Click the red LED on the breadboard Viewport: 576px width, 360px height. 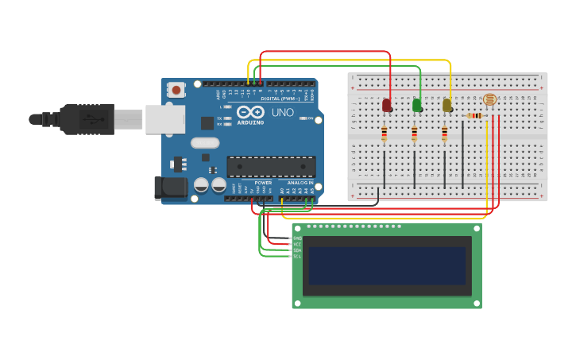[x=387, y=105]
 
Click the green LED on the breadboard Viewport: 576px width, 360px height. [x=417, y=105]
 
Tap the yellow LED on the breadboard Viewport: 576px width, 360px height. [x=447, y=105]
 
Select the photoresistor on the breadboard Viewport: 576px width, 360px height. [x=489, y=100]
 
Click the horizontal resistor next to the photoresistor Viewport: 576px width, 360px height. [x=474, y=116]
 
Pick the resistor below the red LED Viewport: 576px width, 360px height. [x=385, y=134]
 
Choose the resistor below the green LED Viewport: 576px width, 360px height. [x=415, y=134]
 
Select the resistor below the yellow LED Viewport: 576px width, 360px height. [x=445, y=134]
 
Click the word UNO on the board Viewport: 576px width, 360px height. [x=282, y=113]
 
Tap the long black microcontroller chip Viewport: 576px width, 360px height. [x=271, y=166]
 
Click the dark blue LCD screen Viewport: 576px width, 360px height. [x=387, y=265]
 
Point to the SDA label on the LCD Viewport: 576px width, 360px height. [x=298, y=250]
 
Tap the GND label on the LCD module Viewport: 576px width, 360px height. [x=298, y=238]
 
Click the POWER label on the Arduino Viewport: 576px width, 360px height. [x=263, y=182]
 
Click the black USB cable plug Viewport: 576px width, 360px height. [x=87, y=119]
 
